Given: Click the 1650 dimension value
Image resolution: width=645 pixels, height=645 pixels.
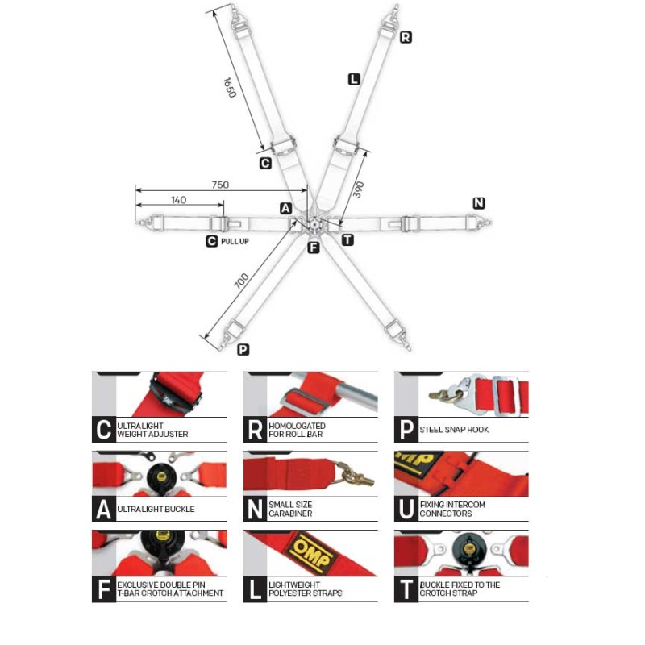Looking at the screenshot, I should click(x=229, y=87).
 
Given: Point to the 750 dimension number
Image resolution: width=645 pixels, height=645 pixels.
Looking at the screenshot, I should click(x=220, y=185).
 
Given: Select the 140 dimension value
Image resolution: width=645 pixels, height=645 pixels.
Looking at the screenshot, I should click(x=178, y=199).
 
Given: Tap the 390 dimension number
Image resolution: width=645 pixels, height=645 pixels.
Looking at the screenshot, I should click(x=359, y=189).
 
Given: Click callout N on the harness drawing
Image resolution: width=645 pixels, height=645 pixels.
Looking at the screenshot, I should click(x=479, y=203).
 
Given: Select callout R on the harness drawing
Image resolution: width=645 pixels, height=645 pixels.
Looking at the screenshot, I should click(x=406, y=37).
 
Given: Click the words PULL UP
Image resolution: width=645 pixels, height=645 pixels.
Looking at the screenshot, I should click(x=235, y=240).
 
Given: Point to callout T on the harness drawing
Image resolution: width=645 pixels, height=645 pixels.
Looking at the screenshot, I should click(x=347, y=239).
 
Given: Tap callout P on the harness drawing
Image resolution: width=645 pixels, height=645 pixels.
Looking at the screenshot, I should click(x=243, y=350).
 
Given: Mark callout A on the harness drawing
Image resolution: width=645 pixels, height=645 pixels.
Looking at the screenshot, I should click(x=286, y=209).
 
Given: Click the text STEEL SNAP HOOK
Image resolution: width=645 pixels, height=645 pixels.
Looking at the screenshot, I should click(x=455, y=430).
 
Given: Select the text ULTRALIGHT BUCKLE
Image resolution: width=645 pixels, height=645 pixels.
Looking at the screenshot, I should click(x=156, y=510).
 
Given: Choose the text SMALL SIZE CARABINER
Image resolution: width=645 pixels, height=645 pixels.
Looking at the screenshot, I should click(x=290, y=510).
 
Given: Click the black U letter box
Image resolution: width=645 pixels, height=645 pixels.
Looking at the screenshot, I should click(x=406, y=509).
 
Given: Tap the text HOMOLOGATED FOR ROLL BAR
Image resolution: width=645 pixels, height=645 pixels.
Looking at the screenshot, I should click(x=298, y=430).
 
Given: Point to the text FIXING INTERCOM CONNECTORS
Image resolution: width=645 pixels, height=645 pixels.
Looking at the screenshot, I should click(x=452, y=510).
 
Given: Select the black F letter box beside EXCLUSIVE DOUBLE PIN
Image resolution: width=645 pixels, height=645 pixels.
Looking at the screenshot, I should click(x=103, y=589).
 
